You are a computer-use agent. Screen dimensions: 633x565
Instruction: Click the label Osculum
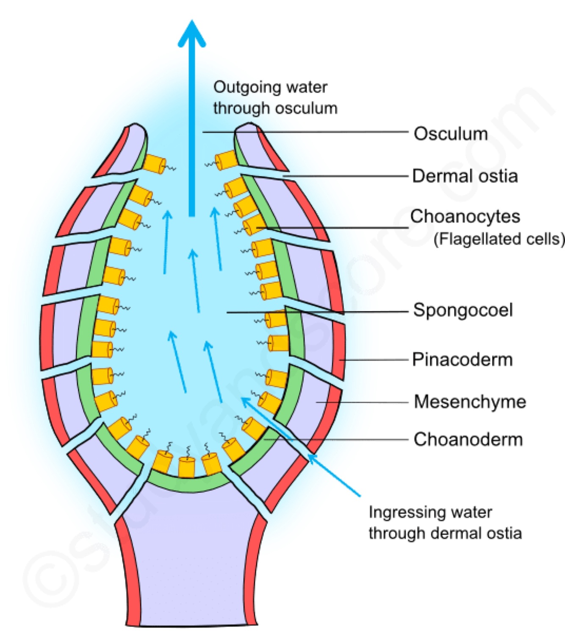click(451, 134)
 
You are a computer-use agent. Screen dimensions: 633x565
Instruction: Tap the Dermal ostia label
click(465, 176)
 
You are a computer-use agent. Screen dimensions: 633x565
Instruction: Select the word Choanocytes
click(465, 217)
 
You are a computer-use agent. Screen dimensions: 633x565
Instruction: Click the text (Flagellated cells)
click(499, 239)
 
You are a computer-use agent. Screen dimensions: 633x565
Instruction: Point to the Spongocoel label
click(463, 310)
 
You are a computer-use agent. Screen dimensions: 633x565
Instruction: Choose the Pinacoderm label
click(462, 360)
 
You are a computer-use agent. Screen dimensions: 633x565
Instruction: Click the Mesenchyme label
click(470, 402)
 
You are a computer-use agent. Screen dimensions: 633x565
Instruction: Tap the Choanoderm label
click(468, 440)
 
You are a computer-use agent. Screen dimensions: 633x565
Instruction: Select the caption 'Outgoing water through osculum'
click(275, 98)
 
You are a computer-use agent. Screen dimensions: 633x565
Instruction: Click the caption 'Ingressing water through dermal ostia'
click(445, 523)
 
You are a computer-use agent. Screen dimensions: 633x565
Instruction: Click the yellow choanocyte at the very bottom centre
click(186, 466)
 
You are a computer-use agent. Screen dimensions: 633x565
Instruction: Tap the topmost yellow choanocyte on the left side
click(154, 163)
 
